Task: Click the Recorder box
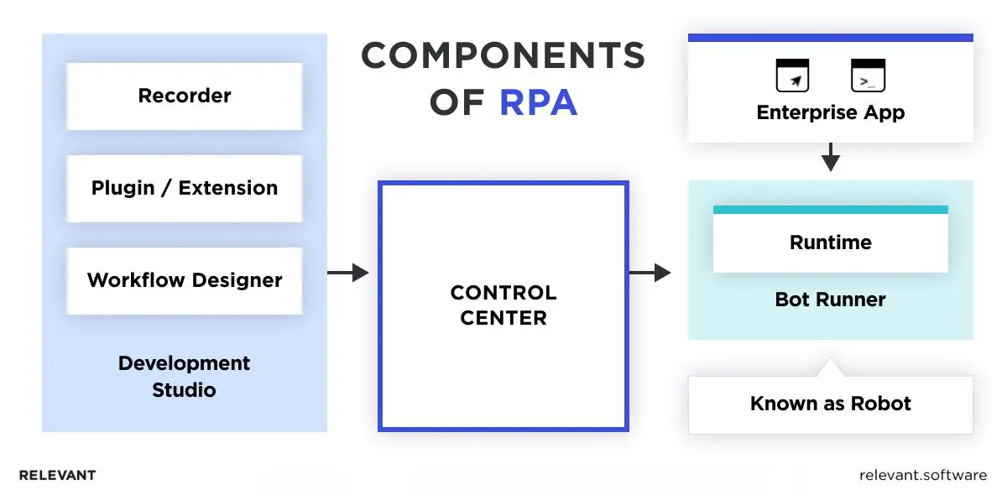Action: tap(184, 96)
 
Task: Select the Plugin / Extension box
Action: tap(184, 188)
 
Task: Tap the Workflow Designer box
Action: tap(184, 280)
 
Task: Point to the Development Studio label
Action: tap(184, 377)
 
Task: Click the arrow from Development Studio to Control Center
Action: tap(347, 273)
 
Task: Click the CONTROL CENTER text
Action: tap(503, 305)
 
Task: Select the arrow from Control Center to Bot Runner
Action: tap(650, 273)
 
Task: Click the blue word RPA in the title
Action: tap(538, 102)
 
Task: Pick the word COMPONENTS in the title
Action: tap(503, 56)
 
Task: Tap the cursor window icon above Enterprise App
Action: tap(792, 76)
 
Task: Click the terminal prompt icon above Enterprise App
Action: tap(869, 76)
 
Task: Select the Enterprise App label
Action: tap(830, 112)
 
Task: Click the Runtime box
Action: tap(830, 243)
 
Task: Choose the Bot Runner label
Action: tap(830, 300)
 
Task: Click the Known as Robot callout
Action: tap(830, 404)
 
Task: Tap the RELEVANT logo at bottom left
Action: tap(57, 475)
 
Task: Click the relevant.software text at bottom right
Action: tap(923, 475)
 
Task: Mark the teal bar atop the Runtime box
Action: tap(830, 210)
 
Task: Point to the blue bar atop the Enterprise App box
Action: tap(830, 38)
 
